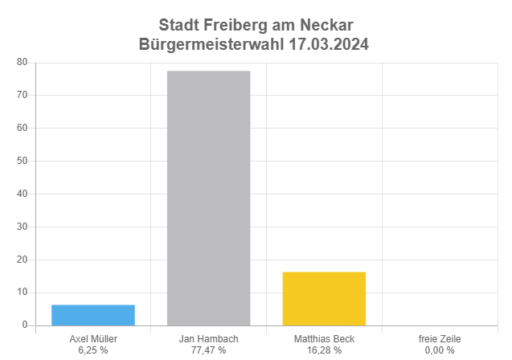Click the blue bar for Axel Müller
[x=93, y=315]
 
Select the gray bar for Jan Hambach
[x=208, y=198]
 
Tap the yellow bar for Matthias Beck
[x=324, y=299]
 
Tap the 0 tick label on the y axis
[x=25, y=325]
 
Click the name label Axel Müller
[x=93, y=339]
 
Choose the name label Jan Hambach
[x=208, y=339]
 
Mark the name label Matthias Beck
[x=324, y=339]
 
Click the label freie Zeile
[x=440, y=339]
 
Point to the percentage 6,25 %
[x=93, y=350]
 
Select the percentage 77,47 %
[x=208, y=350]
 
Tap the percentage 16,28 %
[x=324, y=350]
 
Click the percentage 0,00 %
[x=440, y=350]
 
